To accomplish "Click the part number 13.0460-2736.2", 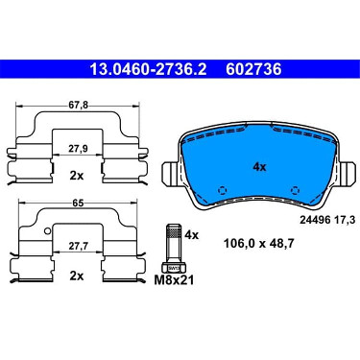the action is pyautogui.click(x=148, y=69).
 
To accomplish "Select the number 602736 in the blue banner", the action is pyautogui.click(x=253, y=69).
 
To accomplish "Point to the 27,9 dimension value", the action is pyautogui.click(x=78, y=149).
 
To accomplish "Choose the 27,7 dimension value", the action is pyautogui.click(x=78, y=246).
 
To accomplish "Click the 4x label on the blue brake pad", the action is pyautogui.click(x=259, y=167).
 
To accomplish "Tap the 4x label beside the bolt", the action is pyautogui.click(x=191, y=235).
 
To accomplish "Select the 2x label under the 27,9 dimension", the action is pyautogui.click(x=77, y=176).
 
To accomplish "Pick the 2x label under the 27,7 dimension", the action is pyautogui.click(x=77, y=276).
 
